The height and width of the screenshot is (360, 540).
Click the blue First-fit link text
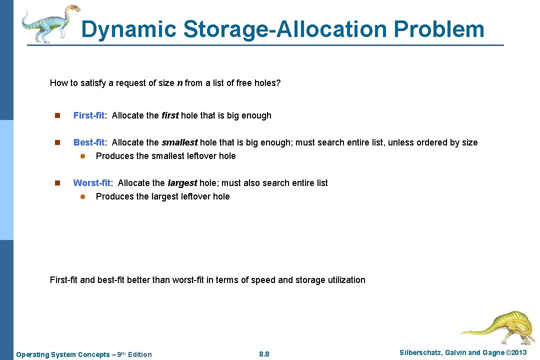pyautogui.click(x=89, y=115)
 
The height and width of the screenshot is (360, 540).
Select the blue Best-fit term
pyautogui.click(x=89, y=142)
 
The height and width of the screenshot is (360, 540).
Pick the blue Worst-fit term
pyautogui.click(x=92, y=183)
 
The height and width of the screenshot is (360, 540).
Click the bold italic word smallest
pyautogui.click(x=179, y=142)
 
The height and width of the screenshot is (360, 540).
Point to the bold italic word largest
pyautogui.click(x=182, y=183)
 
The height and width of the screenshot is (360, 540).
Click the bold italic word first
pyautogui.click(x=170, y=115)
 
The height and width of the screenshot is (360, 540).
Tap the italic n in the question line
pyautogui.click(x=179, y=83)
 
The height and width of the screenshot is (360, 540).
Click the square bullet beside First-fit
pyautogui.click(x=57, y=116)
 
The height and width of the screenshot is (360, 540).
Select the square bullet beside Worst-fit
pyautogui.click(x=57, y=183)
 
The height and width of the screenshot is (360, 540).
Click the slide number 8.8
pyautogui.click(x=264, y=354)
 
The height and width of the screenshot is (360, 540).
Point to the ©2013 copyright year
pyautogui.click(x=516, y=353)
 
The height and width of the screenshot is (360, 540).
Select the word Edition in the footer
pyautogui.click(x=139, y=354)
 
